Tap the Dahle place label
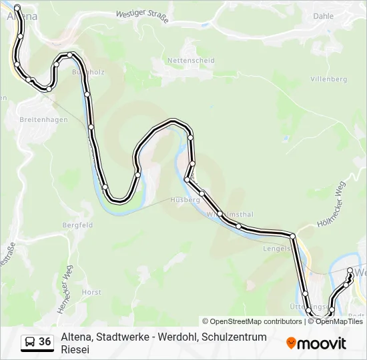pyautogui.click(x=323, y=16)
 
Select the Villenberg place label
pyautogui.click(x=330, y=79)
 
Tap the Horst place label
pyautogui.click(x=91, y=292)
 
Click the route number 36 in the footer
pyautogui.click(x=45, y=342)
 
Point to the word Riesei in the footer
pyautogui.click(x=74, y=349)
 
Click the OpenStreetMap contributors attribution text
pyautogui.click(x=252, y=321)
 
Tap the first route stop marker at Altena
pyautogui.click(x=17, y=7)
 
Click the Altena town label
pyautogui.click(x=20, y=17)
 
